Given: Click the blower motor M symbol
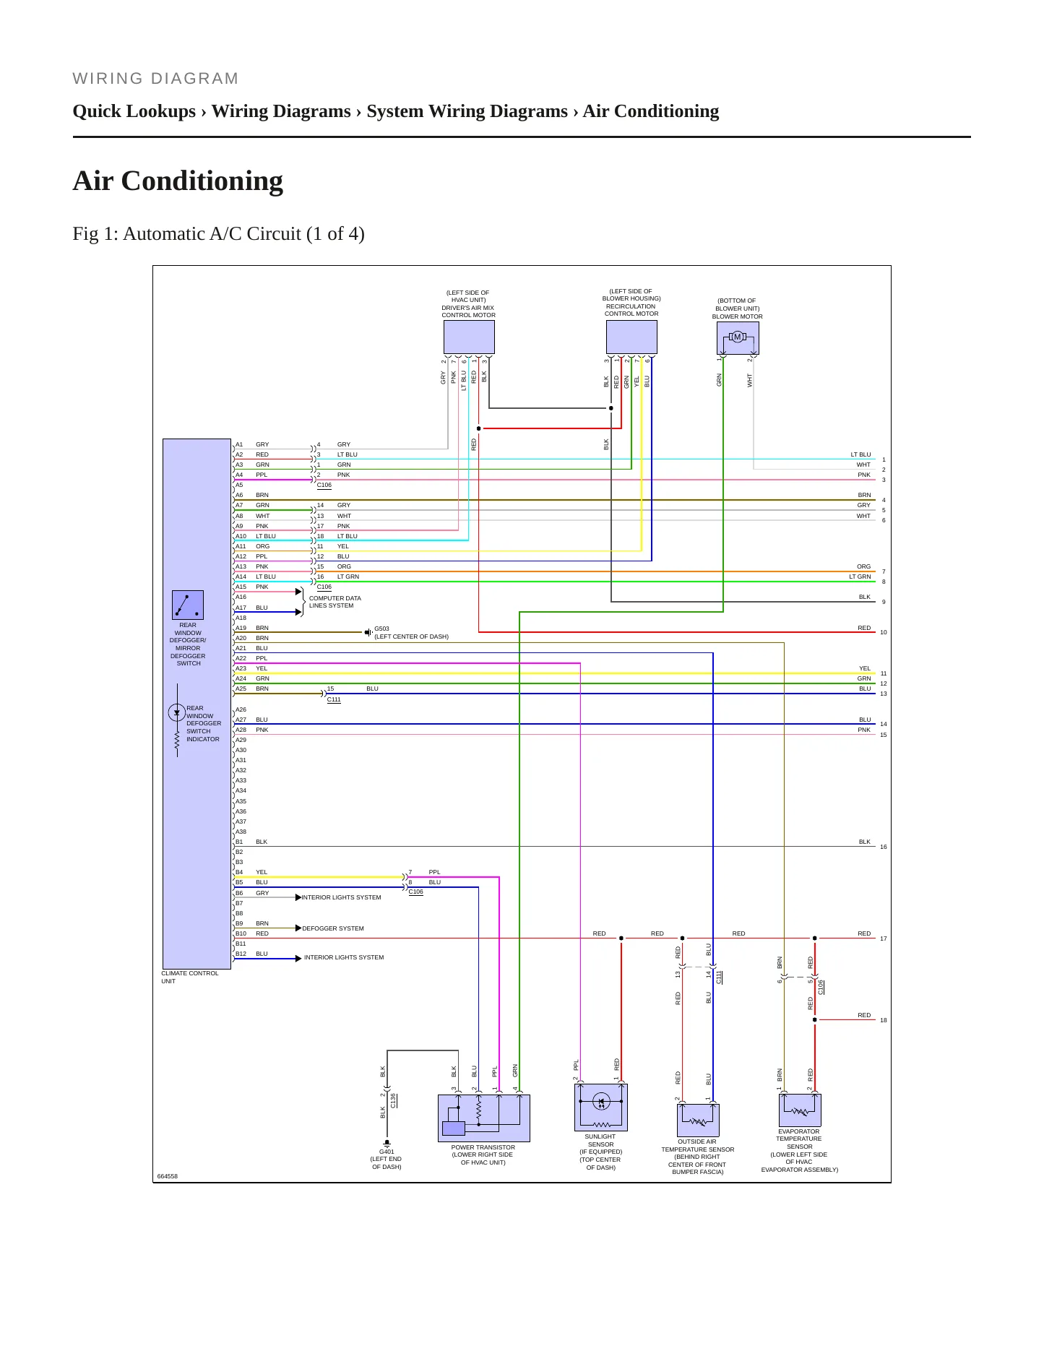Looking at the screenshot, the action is [737, 337].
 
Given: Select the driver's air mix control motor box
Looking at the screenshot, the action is [469, 337].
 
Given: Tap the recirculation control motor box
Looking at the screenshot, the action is [631, 337].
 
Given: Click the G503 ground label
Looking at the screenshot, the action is [381, 629].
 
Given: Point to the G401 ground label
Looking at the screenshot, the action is [387, 1152].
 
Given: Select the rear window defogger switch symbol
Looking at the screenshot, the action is [188, 605].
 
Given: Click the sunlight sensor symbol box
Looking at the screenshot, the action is [601, 1107].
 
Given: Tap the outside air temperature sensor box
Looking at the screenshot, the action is [698, 1120].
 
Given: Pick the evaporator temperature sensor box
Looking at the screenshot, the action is [800, 1110].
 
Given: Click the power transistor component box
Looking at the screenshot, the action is [484, 1118].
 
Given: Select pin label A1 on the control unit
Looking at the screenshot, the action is [239, 445].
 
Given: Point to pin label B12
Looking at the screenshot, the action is [241, 954].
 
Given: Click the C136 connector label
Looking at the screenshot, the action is [394, 1100].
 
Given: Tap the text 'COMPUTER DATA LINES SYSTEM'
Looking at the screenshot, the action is [335, 602].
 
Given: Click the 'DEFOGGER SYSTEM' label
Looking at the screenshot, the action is [333, 928].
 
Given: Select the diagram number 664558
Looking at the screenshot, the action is [168, 1176].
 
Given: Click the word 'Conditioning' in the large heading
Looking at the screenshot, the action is [202, 181].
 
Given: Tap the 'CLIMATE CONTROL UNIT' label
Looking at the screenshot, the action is [189, 977].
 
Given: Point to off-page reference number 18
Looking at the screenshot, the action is [884, 1020].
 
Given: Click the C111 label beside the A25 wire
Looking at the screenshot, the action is [334, 699].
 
